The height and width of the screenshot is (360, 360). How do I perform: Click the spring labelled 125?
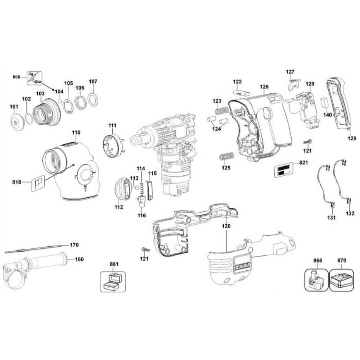227,157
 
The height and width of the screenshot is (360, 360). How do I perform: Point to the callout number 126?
264,87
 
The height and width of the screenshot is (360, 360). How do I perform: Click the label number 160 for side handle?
79,259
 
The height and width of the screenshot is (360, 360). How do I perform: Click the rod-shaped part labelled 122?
241,93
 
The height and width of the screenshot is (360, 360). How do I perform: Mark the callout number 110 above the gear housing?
76,133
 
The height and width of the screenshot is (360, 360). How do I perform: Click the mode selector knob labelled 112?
122,189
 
